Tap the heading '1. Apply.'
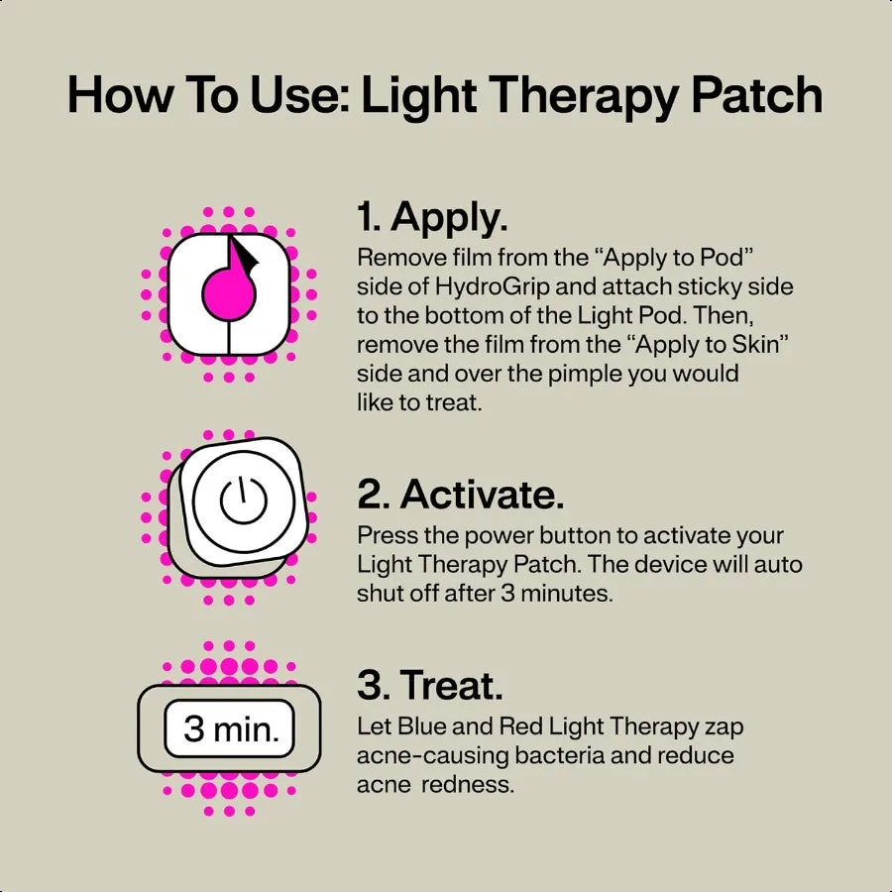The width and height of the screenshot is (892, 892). [x=434, y=217]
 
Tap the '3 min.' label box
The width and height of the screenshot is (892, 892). [x=230, y=729]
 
